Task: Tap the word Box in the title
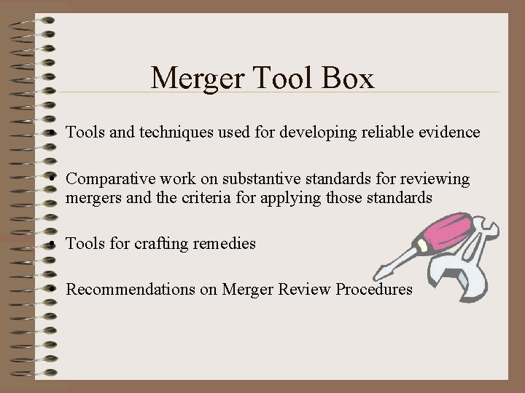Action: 347,78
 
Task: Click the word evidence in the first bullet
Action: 448,132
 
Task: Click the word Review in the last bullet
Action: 307,290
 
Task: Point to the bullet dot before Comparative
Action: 56,180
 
